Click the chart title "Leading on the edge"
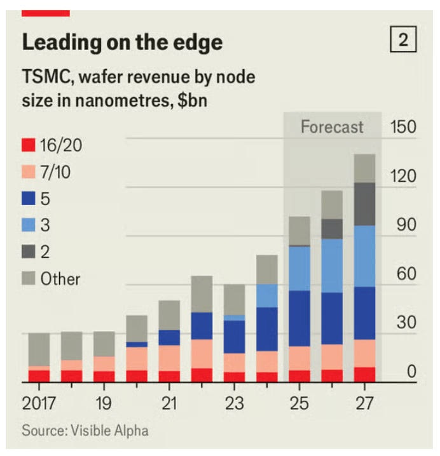tap(122, 43)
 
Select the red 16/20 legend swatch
tap(28, 145)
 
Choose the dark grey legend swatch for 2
tap(28, 252)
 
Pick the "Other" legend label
tap(60, 279)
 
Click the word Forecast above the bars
tap(332, 127)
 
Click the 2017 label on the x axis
tap(39, 403)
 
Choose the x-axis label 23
tap(235, 403)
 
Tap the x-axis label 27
tap(364, 403)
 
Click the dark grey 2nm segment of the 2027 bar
tap(364, 204)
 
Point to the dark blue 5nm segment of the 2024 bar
tap(267, 329)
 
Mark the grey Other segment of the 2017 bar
tap(39, 349)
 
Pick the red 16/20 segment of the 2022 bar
tap(202, 375)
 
